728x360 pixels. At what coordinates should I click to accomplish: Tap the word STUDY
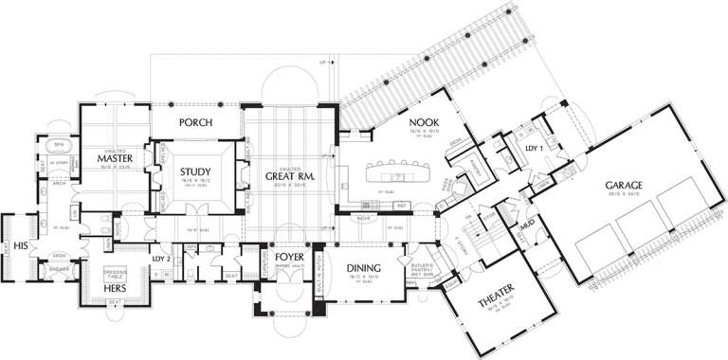coord(195,171)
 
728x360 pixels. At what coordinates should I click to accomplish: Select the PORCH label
coord(194,123)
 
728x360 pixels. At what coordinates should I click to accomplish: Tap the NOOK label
coord(396,122)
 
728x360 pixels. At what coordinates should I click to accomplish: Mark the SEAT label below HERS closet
coord(114,303)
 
